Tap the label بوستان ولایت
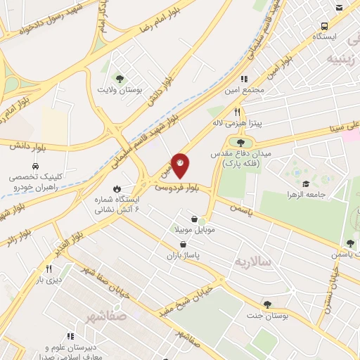click(x=123, y=91)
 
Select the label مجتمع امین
click(x=245, y=91)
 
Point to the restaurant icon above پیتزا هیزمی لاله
click(x=238, y=112)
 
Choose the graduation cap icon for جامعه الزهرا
click(x=307, y=183)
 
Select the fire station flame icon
click(x=117, y=188)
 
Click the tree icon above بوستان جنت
click(x=266, y=304)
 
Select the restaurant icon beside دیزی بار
click(x=49, y=269)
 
